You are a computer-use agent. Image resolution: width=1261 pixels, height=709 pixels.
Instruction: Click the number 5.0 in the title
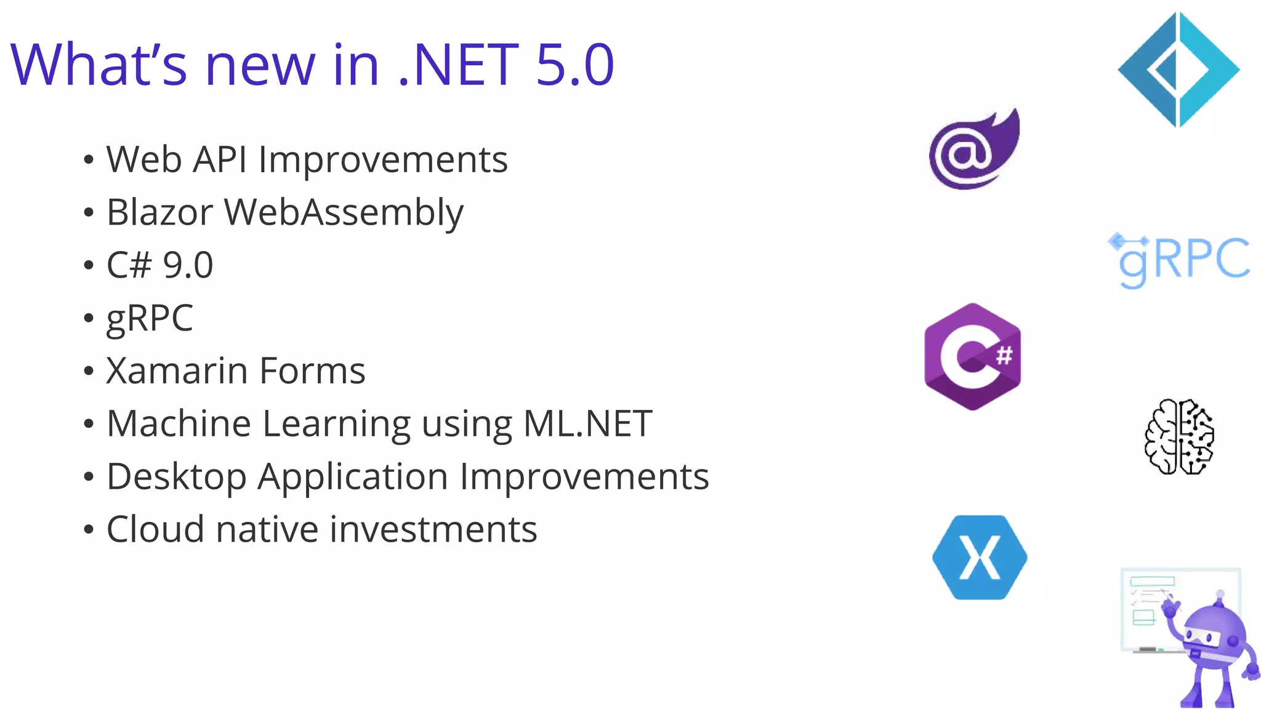tap(574, 65)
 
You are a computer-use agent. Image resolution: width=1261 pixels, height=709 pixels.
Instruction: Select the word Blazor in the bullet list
tap(159, 212)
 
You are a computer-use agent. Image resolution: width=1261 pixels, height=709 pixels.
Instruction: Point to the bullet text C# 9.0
tap(159, 265)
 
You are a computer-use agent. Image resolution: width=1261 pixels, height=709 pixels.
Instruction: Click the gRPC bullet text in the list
tap(150, 319)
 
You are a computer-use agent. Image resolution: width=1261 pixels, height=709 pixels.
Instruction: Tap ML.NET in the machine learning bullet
tap(587, 424)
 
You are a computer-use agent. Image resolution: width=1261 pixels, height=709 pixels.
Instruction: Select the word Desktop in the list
tap(176, 478)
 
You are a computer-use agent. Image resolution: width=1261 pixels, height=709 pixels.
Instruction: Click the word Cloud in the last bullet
tap(155, 530)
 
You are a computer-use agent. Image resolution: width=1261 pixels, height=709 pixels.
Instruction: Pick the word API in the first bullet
tap(220, 160)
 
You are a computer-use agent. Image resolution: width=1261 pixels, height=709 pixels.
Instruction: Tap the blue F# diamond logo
tap(1178, 70)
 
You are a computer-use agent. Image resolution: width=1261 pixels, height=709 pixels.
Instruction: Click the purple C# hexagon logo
tap(972, 356)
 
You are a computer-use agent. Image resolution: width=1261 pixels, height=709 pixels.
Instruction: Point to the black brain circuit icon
tap(1178, 437)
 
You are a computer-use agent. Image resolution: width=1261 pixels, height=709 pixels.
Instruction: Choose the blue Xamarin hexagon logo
tap(979, 558)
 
